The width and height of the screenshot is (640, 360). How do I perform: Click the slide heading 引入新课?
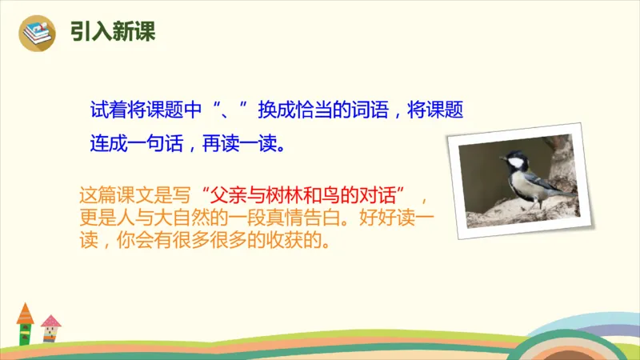(x=112, y=31)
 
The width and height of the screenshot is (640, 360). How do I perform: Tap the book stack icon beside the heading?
(x=38, y=32)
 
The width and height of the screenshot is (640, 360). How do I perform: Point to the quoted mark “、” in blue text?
(x=234, y=110)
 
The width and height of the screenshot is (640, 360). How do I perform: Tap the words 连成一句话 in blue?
(x=136, y=145)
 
